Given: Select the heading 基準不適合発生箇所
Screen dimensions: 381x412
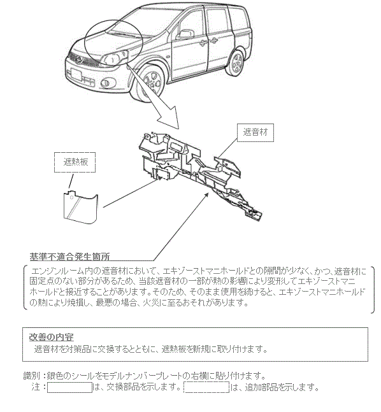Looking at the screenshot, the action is click(x=69, y=257).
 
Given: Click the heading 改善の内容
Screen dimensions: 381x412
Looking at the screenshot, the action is click(x=51, y=337).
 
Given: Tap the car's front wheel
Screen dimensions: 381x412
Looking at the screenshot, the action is click(x=152, y=80).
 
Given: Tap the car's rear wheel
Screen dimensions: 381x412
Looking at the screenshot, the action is click(x=236, y=62).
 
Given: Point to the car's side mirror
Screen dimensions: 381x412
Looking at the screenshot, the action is click(x=186, y=34).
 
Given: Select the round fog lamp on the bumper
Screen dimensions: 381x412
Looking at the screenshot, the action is click(x=106, y=83).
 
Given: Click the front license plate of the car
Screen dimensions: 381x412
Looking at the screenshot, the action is click(x=76, y=74).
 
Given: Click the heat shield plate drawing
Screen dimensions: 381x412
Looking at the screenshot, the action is click(x=81, y=207).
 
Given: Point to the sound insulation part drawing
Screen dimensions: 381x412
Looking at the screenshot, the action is click(x=200, y=174).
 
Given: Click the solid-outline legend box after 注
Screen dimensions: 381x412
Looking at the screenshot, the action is click(x=69, y=388).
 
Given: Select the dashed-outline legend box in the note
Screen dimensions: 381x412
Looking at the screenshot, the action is click(x=206, y=388).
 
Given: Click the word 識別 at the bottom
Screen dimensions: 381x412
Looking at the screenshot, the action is click(x=32, y=376).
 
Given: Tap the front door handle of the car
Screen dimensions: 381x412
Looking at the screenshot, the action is click(x=203, y=43).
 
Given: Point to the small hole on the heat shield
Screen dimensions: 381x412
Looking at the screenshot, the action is click(x=71, y=197).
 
